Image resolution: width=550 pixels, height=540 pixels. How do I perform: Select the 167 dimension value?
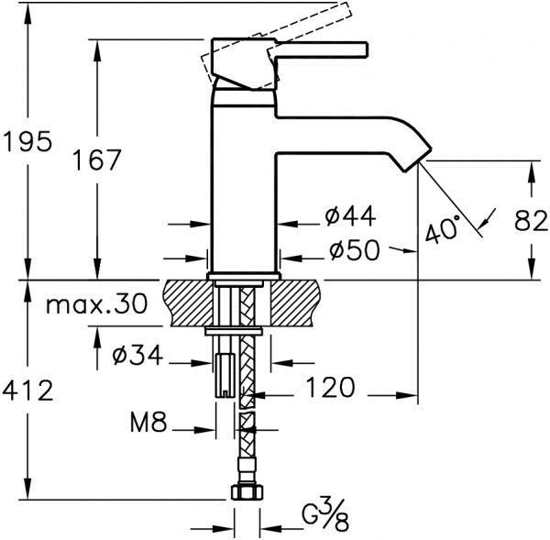(x=97, y=160)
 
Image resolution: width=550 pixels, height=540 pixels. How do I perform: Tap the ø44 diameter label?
(x=350, y=216)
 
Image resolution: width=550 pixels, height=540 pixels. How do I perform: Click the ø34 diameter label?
(x=137, y=355)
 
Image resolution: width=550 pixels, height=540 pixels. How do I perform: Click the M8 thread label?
(x=148, y=424)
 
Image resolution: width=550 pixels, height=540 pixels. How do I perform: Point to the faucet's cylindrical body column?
(x=244, y=183)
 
